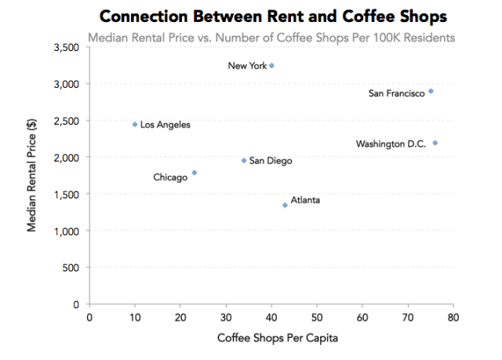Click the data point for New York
(271, 66)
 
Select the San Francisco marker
(431, 92)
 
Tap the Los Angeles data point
(135, 124)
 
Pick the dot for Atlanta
(285, 205)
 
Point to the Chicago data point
(194, 173)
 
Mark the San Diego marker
(244, 161)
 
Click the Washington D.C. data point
(435, 143)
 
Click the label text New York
(247, 67)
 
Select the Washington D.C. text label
(391, 144)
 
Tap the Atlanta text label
(305, 201)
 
